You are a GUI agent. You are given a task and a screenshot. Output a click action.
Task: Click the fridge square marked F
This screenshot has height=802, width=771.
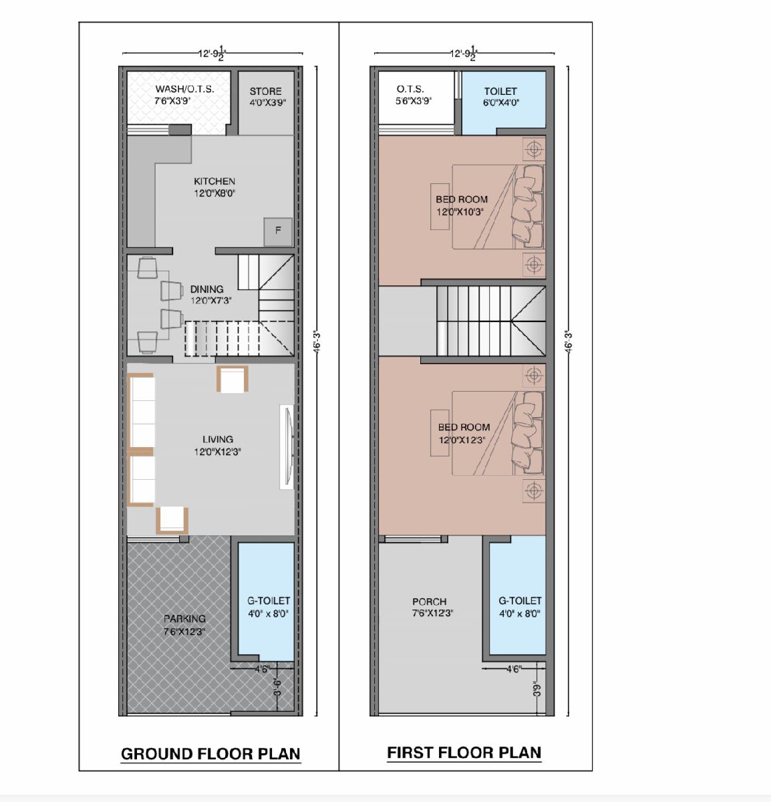point(278,232)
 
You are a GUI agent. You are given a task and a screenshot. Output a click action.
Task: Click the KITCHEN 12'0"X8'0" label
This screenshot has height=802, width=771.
point(214,187)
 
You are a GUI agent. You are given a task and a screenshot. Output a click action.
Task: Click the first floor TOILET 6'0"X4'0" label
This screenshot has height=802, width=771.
point(500,96)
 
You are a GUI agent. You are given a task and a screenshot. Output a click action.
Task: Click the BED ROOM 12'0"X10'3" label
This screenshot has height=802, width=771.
point(462,205)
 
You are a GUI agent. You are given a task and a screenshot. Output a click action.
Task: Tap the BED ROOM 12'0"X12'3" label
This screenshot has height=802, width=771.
point(464,433)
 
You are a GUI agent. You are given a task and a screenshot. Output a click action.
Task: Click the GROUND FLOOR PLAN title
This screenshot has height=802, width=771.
point(210,753)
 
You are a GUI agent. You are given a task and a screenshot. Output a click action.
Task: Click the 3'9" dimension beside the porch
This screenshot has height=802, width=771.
point(536,689)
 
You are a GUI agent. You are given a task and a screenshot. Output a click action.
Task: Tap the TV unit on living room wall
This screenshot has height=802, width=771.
point(287,447)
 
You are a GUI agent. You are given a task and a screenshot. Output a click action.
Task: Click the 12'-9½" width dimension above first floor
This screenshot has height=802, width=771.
point(463,53)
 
